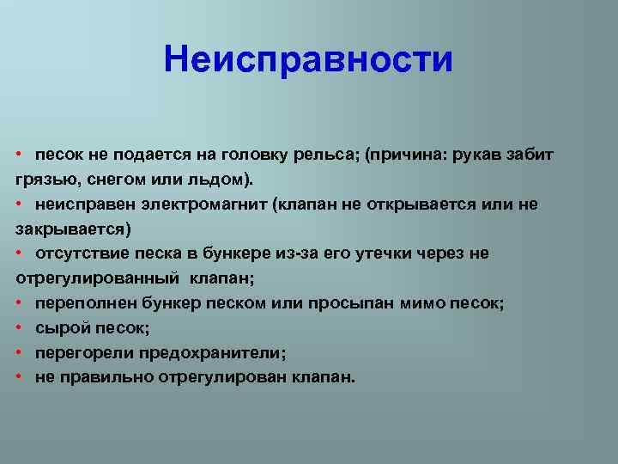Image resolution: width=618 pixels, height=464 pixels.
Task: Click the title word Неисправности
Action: [x=308, y=59]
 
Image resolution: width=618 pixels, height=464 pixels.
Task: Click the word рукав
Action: [x=476, y=155]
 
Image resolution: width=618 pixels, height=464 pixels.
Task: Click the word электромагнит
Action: [x=204, y=205]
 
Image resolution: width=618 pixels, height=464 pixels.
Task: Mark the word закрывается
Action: [x=70, y=229]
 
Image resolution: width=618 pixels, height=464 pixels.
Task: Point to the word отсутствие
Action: [x=82, y=253]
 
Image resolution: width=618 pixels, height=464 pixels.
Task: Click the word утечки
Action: [x=383, y=254]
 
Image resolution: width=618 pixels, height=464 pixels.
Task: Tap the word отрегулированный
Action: [x=97, y=279]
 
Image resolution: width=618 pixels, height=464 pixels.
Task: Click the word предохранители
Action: [x=212, y=353]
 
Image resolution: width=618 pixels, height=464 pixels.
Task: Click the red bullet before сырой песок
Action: [x=19, y=327]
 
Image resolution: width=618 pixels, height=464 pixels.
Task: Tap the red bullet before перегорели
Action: [x=19, y=352]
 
